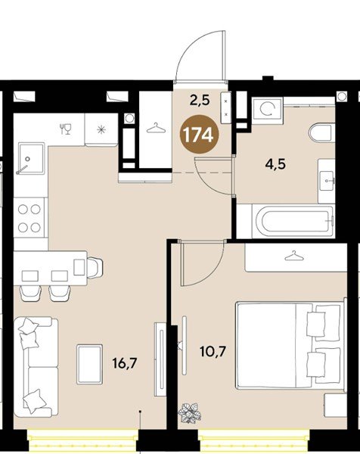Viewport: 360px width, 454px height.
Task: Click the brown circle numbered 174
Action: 199,134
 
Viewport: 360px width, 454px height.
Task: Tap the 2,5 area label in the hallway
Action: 200,101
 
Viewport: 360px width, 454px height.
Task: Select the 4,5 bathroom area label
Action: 276,164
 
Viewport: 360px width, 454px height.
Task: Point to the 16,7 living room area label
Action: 125,363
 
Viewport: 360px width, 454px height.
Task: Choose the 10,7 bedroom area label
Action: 213,352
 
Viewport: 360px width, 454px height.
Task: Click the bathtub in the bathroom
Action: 293,222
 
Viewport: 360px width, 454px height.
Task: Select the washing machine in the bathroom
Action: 267,109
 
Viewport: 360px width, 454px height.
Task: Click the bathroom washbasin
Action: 327,181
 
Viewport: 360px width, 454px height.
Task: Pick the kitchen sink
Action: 31,158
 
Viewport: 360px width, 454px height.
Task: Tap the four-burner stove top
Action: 29,218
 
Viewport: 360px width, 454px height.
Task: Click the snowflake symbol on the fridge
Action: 101,129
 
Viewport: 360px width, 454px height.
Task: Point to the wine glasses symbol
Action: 66,129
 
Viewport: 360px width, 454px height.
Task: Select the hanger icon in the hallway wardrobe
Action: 156,128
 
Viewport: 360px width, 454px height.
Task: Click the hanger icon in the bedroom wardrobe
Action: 293,256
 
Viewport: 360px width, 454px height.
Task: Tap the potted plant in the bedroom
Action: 190,412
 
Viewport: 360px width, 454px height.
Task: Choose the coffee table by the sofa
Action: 89,364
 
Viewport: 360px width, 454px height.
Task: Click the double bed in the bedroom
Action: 291,345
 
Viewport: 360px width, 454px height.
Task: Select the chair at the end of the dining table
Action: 95,268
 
